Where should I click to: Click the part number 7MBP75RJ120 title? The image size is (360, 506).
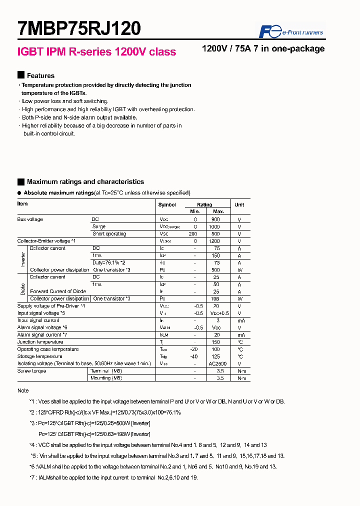[79, 28]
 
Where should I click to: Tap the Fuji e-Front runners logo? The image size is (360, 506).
[290, 32]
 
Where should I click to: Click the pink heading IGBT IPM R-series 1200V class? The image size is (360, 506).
[96, 52]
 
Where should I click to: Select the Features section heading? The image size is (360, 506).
[40, 75]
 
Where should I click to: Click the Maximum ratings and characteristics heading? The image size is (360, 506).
[85, 182]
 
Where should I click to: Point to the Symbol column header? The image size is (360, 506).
[167, 205]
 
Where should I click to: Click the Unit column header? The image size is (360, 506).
[239, 204]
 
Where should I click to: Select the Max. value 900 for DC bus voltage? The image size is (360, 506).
[215, 219]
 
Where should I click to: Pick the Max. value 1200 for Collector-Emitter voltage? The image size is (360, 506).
[214, 241]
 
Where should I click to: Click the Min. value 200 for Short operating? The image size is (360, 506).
[192, 234]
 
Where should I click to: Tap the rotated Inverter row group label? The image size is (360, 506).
[23, 259]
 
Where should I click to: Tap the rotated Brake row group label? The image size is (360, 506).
[23, 287]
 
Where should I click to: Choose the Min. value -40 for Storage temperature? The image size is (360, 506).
[194, 356]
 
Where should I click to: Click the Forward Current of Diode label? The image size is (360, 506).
[58, 291]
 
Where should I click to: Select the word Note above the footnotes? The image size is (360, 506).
[23, 390]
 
